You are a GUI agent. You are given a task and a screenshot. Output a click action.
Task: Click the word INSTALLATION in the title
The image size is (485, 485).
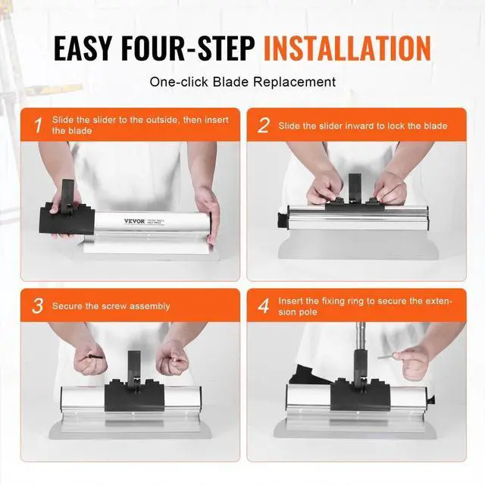coord(347,48)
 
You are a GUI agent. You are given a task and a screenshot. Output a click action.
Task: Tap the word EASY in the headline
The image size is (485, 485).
coord(83,48)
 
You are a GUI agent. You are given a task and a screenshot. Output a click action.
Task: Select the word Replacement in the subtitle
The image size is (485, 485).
coord(295,82)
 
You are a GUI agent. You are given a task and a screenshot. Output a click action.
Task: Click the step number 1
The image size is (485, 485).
coord(39,125)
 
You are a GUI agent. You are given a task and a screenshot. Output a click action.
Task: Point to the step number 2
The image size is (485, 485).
coord(264,125)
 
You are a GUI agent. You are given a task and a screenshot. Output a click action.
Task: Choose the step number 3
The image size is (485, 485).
coord(38,305)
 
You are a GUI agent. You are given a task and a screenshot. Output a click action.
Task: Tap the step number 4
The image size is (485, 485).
coord(264,305)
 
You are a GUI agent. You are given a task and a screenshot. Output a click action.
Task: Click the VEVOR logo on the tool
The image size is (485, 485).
coord(135,221)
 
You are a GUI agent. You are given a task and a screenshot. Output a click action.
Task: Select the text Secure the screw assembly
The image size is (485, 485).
coord(111,306)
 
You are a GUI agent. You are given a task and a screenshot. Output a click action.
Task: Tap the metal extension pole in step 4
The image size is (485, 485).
coord(360,336)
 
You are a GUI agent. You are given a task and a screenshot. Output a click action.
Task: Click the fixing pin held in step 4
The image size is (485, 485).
coord(387,356)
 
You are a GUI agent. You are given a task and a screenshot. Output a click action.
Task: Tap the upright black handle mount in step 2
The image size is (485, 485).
coord(355,187)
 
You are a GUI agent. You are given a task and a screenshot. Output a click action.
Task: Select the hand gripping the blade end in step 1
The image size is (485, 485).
coord(207,214)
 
